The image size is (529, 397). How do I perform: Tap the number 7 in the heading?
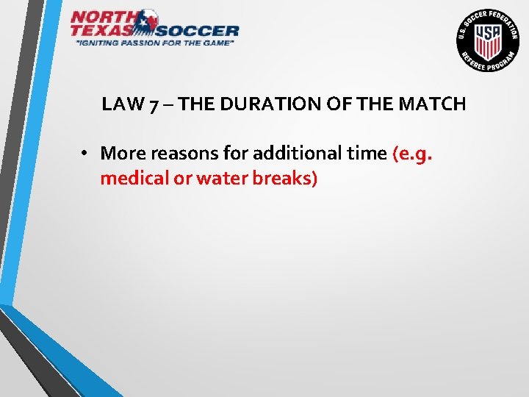tap(153, 104)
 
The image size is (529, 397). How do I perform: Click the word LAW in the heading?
tap(123, 104)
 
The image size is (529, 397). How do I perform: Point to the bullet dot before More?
tap(85, 154)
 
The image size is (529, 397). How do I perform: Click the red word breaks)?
tap(281, 179)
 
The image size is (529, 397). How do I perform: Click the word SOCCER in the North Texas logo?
tap(198, 30)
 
